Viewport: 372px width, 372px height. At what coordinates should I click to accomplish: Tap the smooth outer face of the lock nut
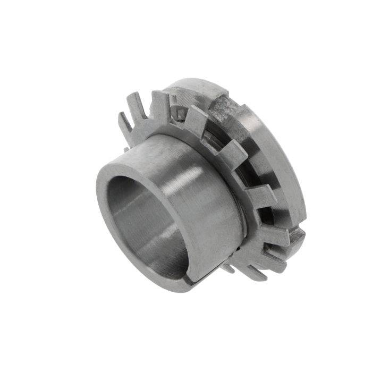pos(282,159)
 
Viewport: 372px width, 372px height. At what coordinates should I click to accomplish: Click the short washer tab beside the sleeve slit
pos(229,268)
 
